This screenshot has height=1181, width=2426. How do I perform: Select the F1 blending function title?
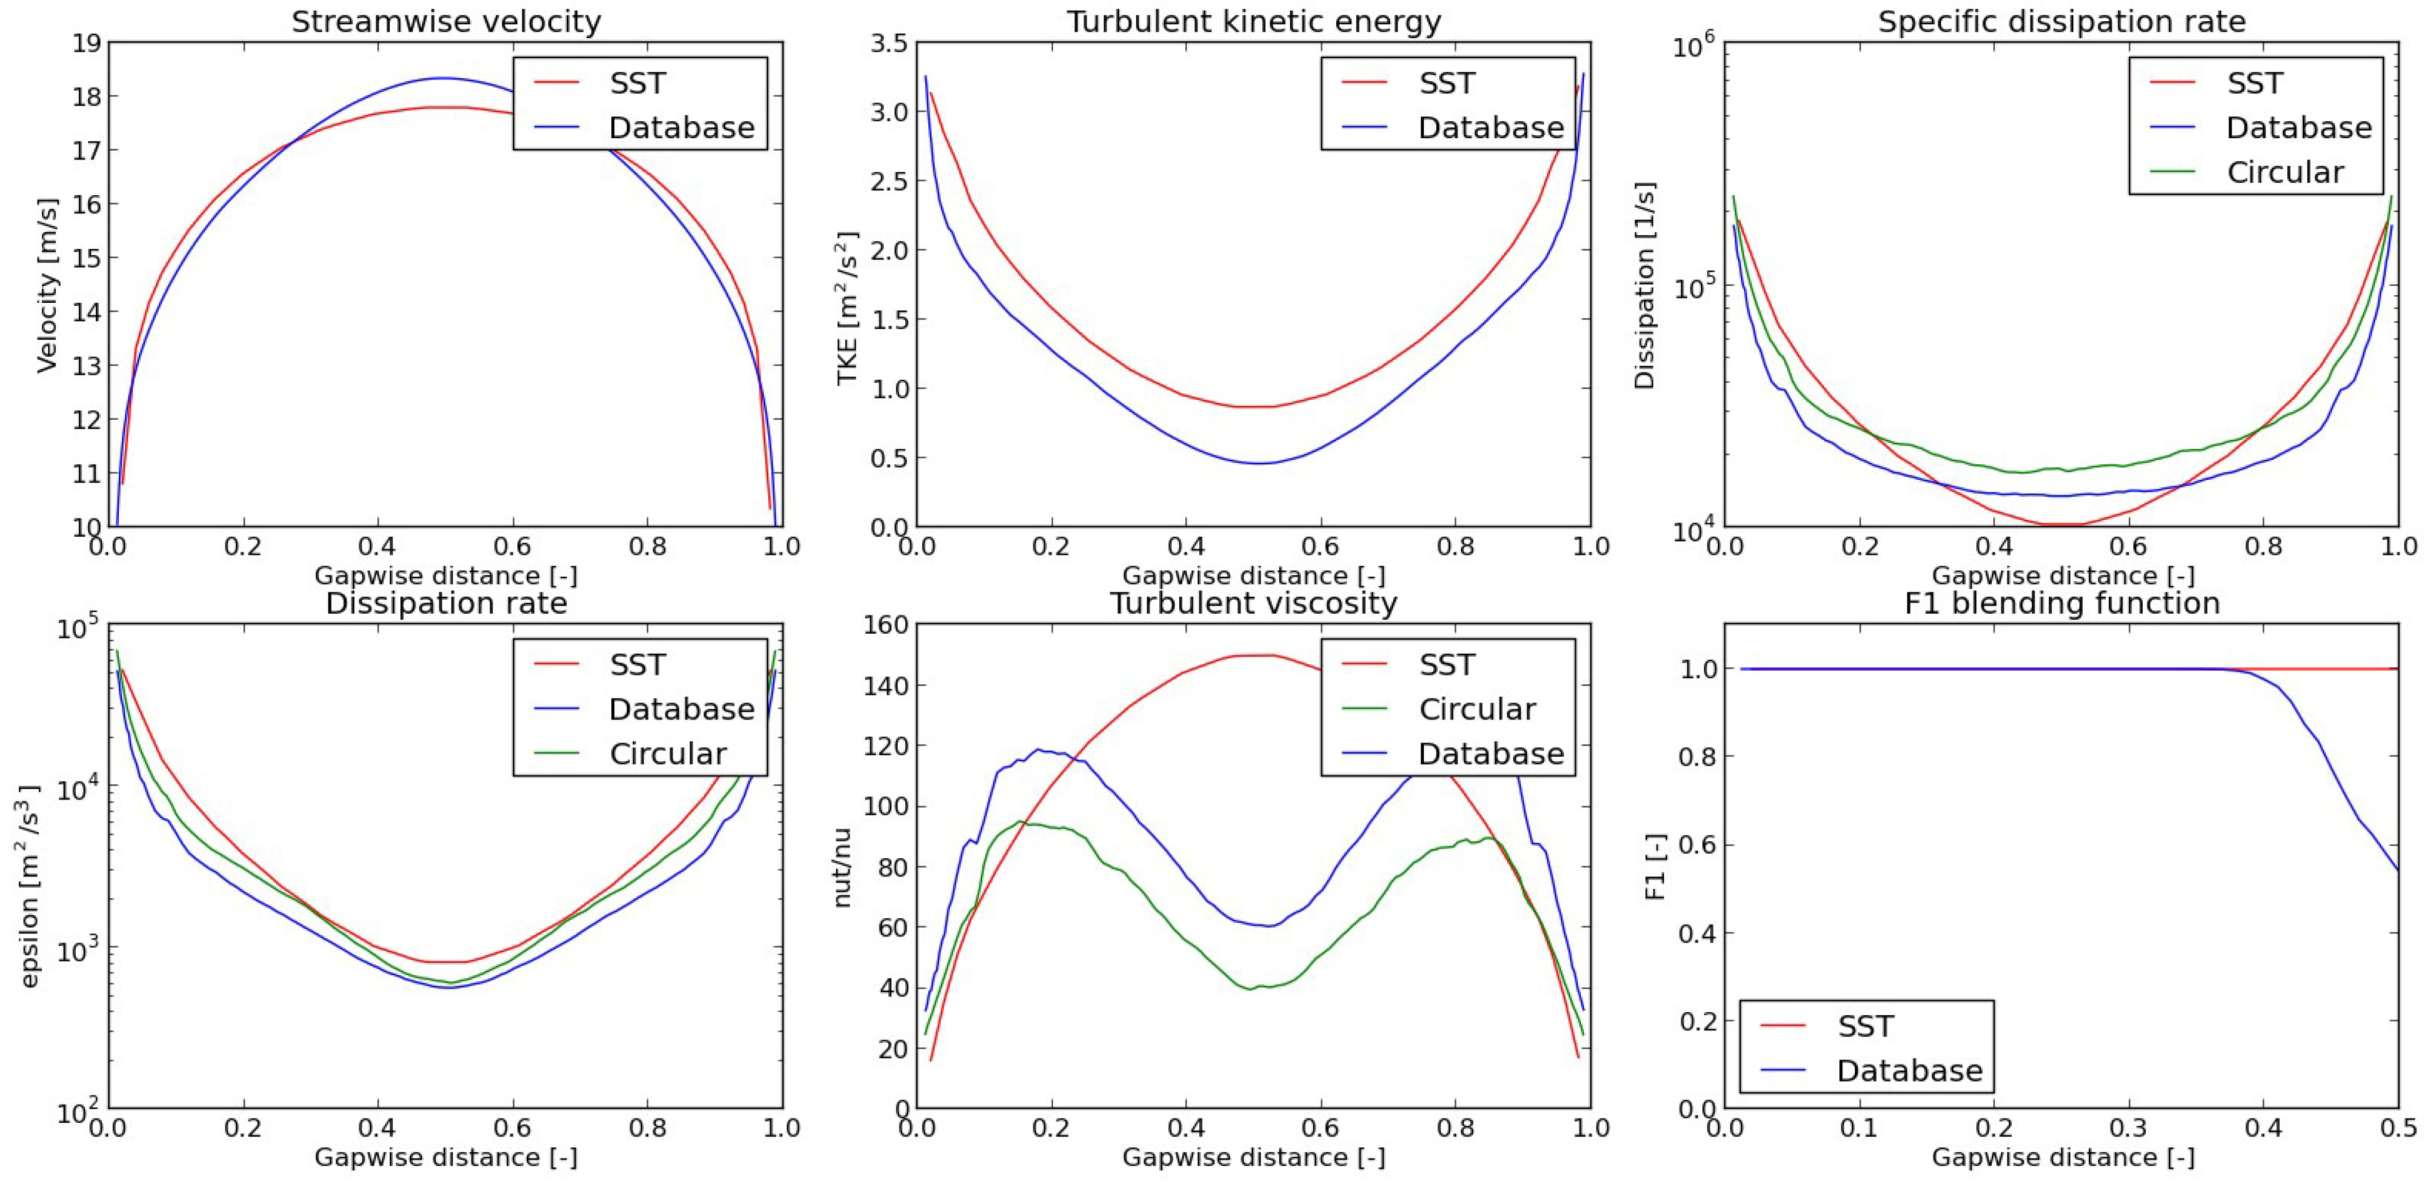click(2061, 603)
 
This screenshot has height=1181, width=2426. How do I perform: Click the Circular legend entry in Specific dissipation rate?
click(2285, 173)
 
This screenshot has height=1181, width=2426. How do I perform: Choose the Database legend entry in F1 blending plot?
click(1909, 1071)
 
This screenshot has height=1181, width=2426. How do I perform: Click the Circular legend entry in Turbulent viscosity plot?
click(1477, 709)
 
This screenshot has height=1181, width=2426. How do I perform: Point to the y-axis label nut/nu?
click(843, 868)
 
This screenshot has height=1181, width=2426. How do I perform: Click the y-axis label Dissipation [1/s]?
click(1644, 285)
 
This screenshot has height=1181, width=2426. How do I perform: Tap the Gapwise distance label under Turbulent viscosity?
click(1254, 1157)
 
